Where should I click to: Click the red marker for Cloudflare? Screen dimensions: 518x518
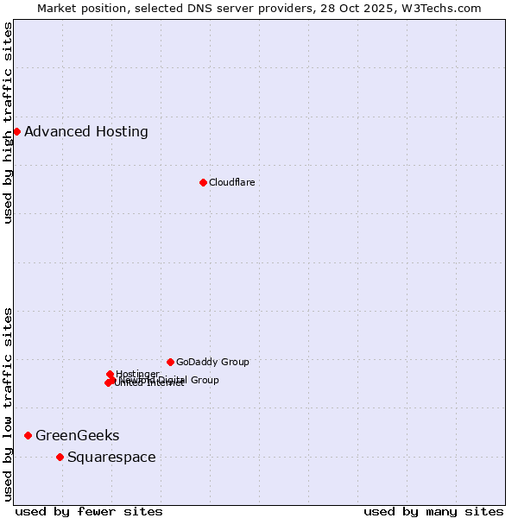pyautogui.click(x=203, y=182)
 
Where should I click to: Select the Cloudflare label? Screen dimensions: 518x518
pyautogui.click(x=231, y=182)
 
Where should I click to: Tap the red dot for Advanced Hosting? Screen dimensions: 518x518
pyautogui.click(x=16, y=131)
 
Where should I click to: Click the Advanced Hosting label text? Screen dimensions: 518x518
pyautogui.click(x=86, y=131)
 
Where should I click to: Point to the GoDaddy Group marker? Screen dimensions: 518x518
pyautogui.click(x=170, y=362)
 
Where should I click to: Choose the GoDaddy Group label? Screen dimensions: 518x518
pyautogui.click(x=212, y=362)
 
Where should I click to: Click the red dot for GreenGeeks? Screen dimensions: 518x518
pyautogui.click(x=28, y=435)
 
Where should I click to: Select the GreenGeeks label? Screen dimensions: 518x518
pyautogui.click(x=78, y=435)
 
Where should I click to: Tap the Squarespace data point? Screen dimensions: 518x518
pyautogui.click(x=60, y=457)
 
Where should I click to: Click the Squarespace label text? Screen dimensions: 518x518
pyautogui.click(x=111, y=457)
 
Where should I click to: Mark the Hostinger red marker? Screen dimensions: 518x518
pyautogui.click(x=111, y=374)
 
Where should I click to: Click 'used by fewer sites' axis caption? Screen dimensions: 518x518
pyautogui.click(x=89, y=511)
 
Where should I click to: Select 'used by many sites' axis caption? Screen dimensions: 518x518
pyautogui.click(x=433, y=511)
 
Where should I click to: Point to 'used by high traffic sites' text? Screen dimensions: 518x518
pyautogui.click(x=9, y=123)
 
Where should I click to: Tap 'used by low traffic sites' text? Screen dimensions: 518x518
pyautogui.click(x=9, y=404)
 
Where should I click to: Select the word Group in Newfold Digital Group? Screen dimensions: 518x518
pyautogui.click(x=204, y=380)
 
